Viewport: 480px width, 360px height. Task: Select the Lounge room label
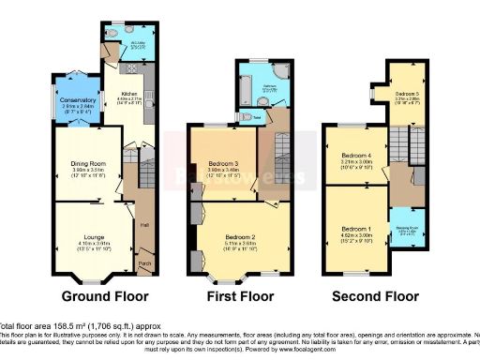click(86, 235)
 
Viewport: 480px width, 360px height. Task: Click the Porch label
click(144, 263)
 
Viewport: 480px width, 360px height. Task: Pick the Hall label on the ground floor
click(144, 224)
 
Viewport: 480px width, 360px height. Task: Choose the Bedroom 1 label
click(356, 230)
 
